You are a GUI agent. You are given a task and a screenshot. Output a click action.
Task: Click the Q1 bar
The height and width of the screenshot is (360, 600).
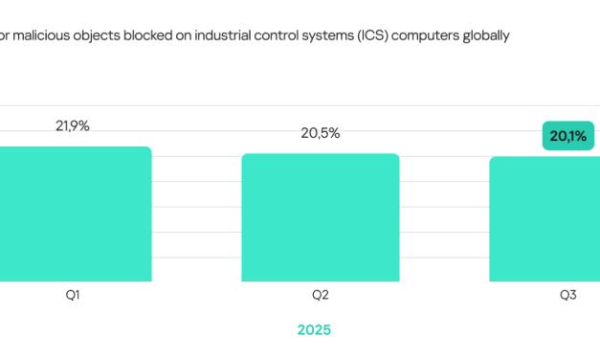[75, 214]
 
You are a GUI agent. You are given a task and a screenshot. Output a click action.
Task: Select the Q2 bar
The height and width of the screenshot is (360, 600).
[320, 217]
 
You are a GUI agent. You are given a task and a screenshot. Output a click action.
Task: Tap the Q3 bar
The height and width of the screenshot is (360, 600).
[544, 219]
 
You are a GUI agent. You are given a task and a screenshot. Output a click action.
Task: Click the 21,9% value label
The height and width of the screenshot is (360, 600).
[73, 126]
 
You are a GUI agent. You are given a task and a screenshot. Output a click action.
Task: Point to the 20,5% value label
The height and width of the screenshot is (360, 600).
[320, 133]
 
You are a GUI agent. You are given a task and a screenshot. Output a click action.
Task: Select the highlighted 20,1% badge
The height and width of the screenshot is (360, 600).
[568, 136]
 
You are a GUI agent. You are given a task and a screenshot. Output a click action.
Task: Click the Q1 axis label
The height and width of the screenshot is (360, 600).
[72, 296]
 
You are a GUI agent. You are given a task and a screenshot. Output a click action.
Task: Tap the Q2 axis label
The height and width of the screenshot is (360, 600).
[320, 296]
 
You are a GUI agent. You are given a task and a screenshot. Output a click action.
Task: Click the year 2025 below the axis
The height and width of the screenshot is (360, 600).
[314, 329]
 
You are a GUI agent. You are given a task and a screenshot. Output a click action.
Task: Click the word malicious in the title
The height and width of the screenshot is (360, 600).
[46, 35]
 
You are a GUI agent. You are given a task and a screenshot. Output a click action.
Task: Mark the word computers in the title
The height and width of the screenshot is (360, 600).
[454, 35]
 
